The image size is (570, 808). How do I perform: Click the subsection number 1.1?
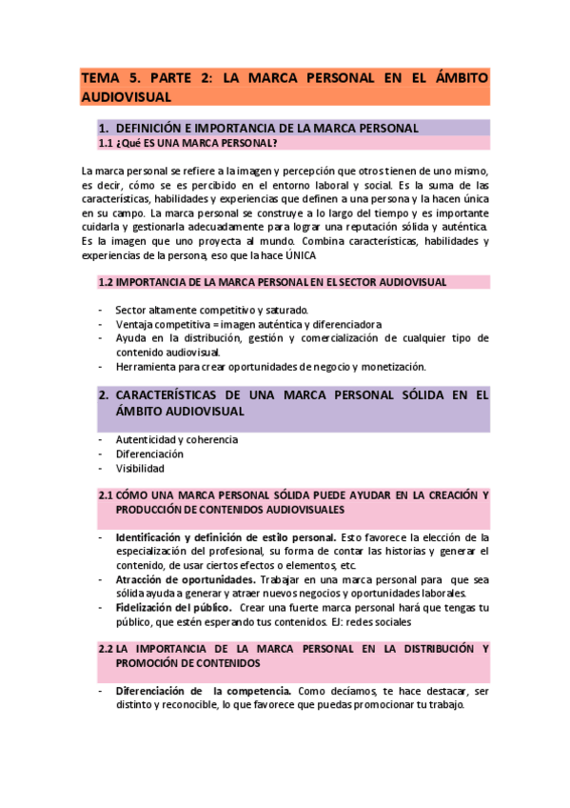(x=106, y=143)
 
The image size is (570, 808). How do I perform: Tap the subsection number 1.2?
(x=106, y=282)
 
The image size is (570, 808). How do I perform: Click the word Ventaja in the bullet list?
(x=133, y=324)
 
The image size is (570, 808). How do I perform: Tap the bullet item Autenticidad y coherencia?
(x=177, y=439)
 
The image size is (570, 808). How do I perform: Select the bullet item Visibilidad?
(x=140, y=468)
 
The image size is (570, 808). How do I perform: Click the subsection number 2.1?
(x=106, y=495)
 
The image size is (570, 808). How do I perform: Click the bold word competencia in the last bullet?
(x=254, y=691)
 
